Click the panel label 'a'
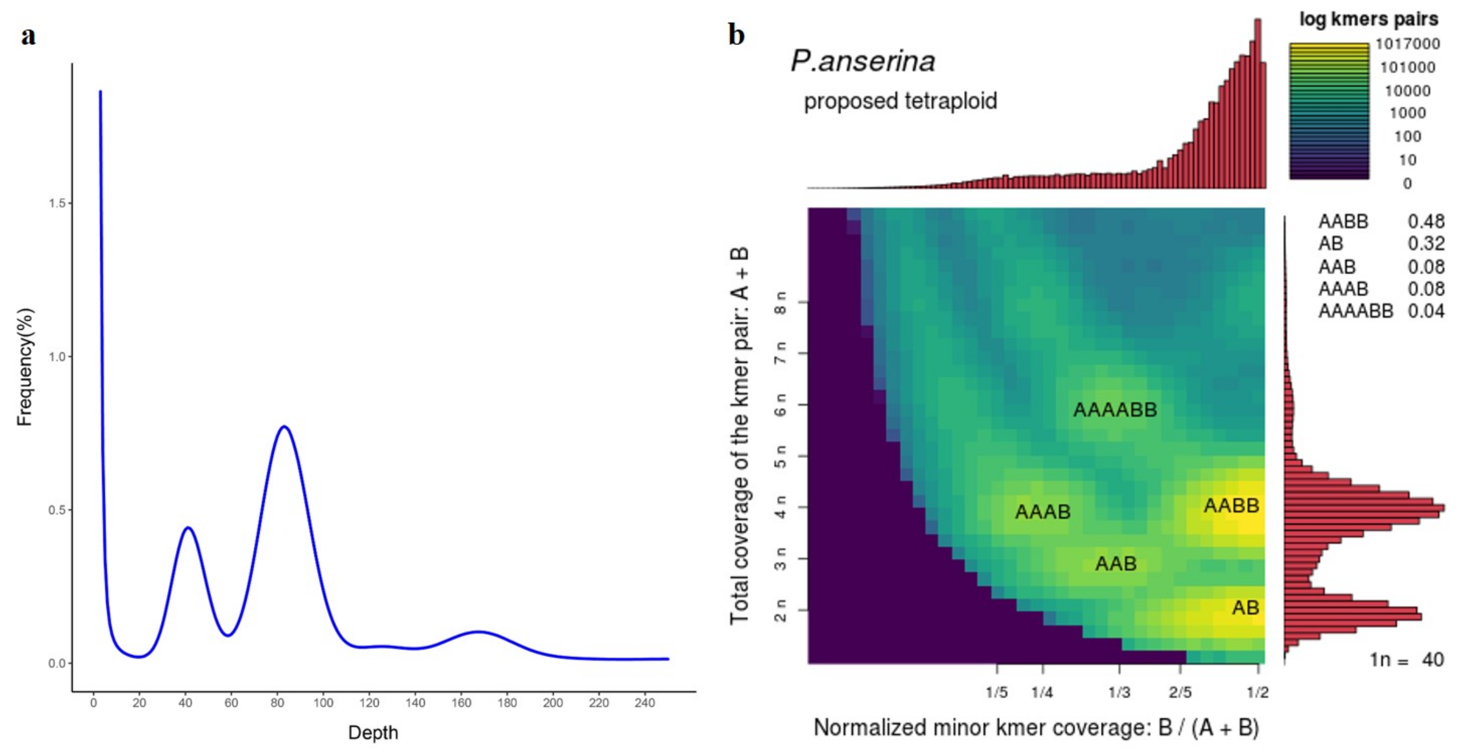[29, 35]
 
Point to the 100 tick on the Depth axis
[323, 703]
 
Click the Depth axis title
[373, 732]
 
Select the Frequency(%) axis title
[25, 367]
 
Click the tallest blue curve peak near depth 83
[284, 426]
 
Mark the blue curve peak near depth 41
[188, 528]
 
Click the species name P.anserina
[862, 61]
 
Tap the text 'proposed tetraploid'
[900, 101]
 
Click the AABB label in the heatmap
[1231, 505]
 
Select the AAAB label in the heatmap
[1042, 512]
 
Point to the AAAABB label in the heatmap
[1114, 409]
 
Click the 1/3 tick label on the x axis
[1119, 692]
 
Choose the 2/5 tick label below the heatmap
[1180, 692]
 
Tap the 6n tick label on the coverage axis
[780, 404]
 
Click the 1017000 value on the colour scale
[1407, 43]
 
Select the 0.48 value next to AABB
[1425, 221]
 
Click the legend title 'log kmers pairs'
[1368, 19]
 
